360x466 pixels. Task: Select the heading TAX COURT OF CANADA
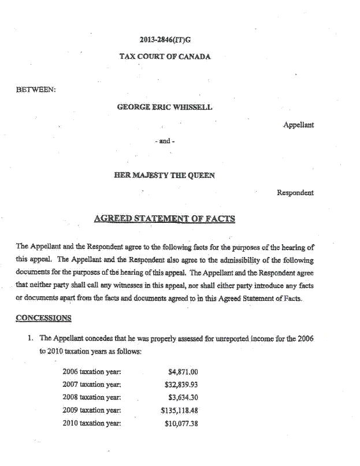(165, 57)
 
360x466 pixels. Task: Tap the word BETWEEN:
(36, 89)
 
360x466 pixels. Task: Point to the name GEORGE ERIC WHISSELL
(165, 107)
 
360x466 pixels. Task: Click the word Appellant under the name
(298, 125)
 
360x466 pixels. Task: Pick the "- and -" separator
(165, 141)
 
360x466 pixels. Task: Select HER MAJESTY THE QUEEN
(165, 175)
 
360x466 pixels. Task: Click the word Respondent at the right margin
(295, 192)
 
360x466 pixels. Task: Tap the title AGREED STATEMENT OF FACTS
(165, 219)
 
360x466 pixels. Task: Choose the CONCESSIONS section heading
(43, 318)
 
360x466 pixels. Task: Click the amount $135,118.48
(179, 411)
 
